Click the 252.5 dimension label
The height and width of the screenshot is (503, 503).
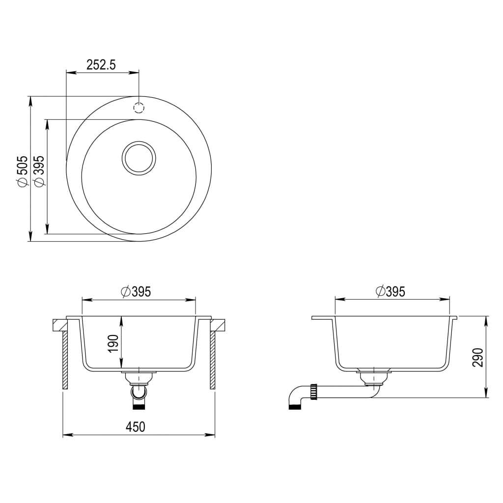click(x=101, y=65)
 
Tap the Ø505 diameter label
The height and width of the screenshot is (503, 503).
click(x=21, y=171)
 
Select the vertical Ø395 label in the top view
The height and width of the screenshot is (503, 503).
click(x=39, y=171)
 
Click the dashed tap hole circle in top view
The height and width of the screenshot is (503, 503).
click(x=139, y=108)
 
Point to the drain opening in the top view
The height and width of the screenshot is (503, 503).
click(x=139, y=158)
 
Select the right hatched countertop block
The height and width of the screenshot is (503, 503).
click(x=218, y=325)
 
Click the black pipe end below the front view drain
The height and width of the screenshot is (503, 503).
click(x=139, y=406)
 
